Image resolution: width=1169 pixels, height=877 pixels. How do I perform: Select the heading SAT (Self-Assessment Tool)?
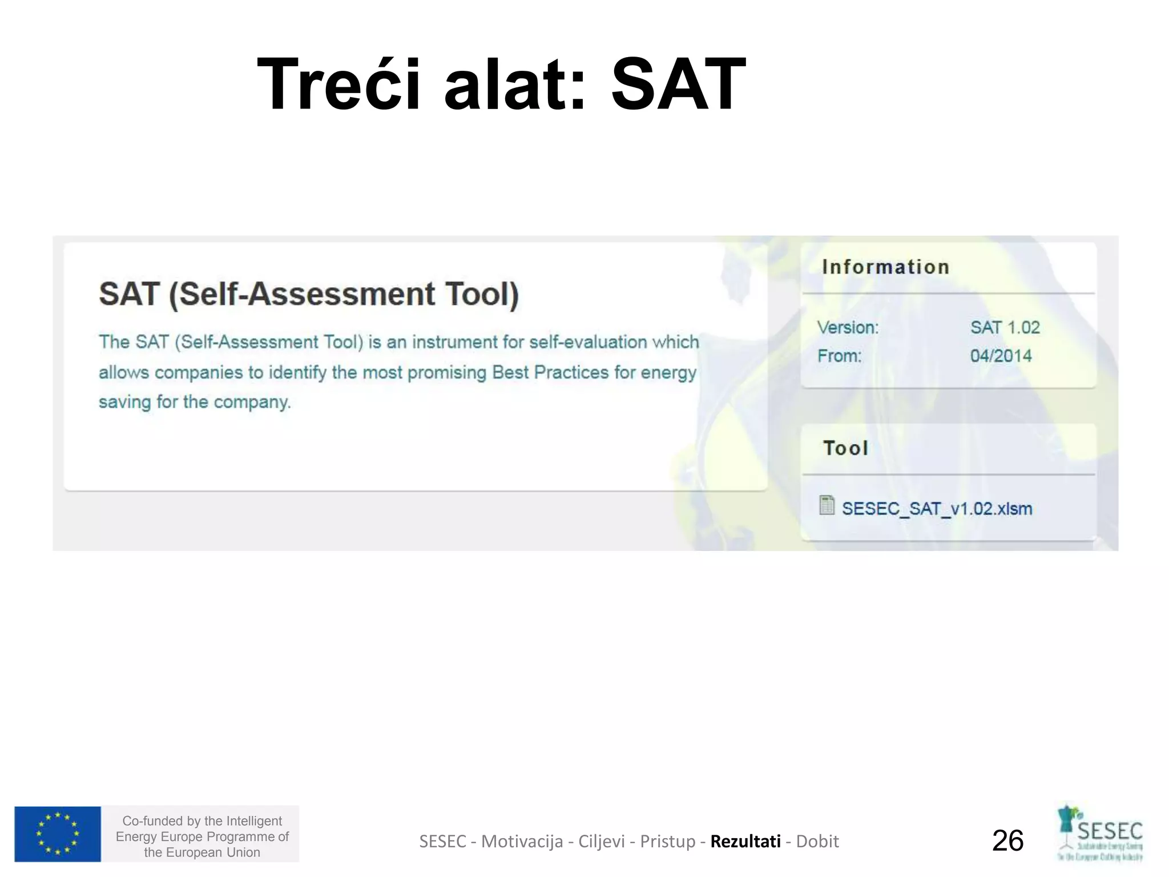[309, 294]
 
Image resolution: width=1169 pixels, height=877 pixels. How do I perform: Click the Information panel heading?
[885, 267]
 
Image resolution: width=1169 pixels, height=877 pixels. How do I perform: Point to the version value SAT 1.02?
[1005, 328]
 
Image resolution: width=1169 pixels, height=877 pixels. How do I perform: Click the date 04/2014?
[1001, 356]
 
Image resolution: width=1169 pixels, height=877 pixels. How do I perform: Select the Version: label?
[848, 328]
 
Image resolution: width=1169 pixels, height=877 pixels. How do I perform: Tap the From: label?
[839, 356]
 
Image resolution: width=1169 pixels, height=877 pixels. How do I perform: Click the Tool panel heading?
[845, 448]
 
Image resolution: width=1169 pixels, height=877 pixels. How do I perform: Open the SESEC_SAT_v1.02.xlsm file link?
[937, 509]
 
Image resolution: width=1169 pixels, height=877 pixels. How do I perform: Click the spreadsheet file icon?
[827, 505]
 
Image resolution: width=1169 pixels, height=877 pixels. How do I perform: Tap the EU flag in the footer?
[58, 834]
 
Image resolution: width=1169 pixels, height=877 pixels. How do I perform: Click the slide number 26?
[1007, 841]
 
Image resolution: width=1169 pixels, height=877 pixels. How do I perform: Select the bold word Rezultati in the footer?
[745, 842]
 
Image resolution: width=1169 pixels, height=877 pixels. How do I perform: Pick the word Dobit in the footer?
[817, 842]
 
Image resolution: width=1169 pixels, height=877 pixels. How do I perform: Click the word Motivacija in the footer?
[522, 842]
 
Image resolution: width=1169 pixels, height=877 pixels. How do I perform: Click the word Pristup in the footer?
[668, 842]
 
